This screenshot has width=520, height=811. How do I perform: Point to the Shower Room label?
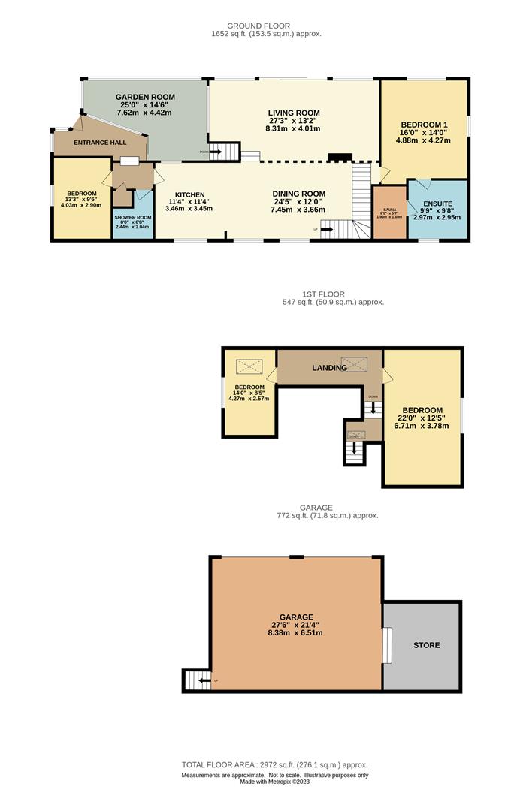pos(133,218)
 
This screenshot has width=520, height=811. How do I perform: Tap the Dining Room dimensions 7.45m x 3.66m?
pos(298,210)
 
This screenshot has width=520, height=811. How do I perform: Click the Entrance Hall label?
pos(98,142)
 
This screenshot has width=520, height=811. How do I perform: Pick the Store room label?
pos(426,645)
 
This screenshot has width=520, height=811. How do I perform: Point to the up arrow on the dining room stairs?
pos(327,231)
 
